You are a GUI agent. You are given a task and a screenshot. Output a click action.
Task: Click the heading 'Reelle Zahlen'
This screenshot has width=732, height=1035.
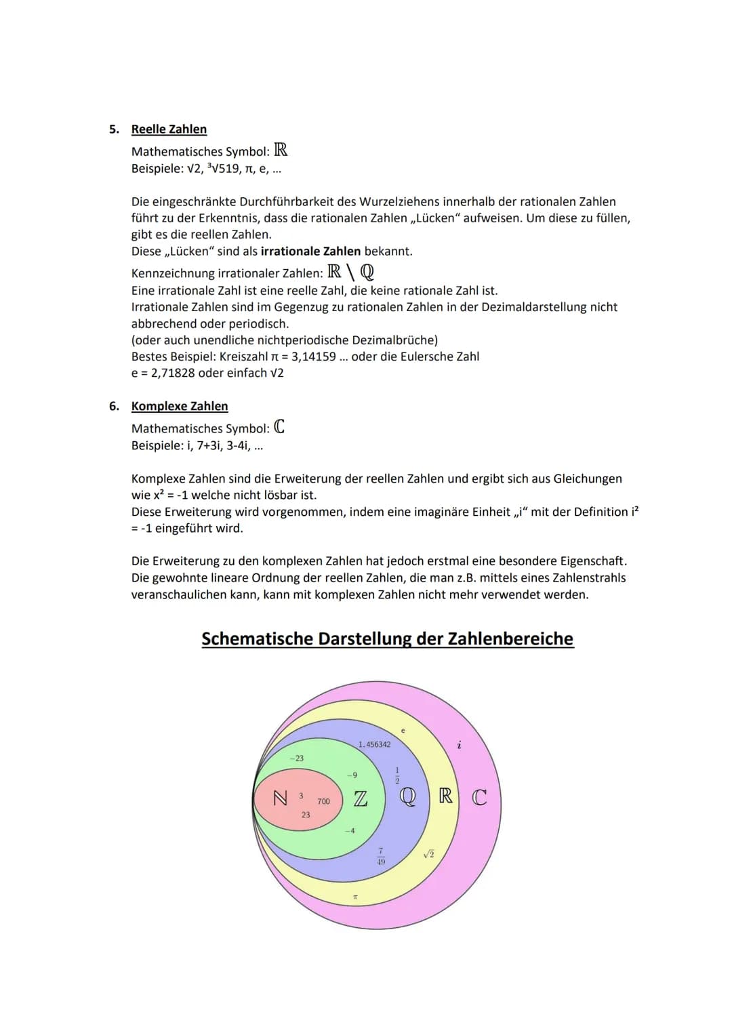pos(169,129)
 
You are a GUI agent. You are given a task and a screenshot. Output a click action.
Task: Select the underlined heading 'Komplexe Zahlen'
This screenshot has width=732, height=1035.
pos(180,406)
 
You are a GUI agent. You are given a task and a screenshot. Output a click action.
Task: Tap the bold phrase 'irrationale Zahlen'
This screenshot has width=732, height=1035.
pos(310,251)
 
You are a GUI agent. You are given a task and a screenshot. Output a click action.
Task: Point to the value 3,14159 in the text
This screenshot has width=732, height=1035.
pos(313,357)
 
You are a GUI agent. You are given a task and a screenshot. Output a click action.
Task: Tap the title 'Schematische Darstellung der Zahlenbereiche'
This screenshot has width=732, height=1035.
pos(387,639)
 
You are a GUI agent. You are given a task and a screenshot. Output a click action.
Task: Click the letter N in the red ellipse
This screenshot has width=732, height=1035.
pos(279,798)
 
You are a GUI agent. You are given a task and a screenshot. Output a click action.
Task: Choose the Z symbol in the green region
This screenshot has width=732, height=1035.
pos(361,799)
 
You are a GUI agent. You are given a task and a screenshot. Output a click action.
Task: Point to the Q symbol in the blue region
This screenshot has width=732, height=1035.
pos(407,796)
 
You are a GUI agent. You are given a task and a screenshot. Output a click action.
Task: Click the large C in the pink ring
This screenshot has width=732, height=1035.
pos(479,797)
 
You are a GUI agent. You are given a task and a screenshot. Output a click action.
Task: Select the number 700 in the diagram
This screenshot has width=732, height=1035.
pos(323,802)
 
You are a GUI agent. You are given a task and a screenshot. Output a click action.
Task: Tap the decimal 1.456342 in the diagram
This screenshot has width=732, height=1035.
pos(374,744)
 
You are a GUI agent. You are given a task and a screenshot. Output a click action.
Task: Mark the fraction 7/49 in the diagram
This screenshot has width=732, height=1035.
pos(381,856)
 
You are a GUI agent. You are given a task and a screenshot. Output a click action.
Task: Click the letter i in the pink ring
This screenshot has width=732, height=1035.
pos(460,745)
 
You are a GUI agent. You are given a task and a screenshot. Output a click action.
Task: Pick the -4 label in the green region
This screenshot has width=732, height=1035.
pos(350,831)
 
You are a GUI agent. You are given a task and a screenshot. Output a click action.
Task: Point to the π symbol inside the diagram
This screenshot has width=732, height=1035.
pos(354,898)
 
